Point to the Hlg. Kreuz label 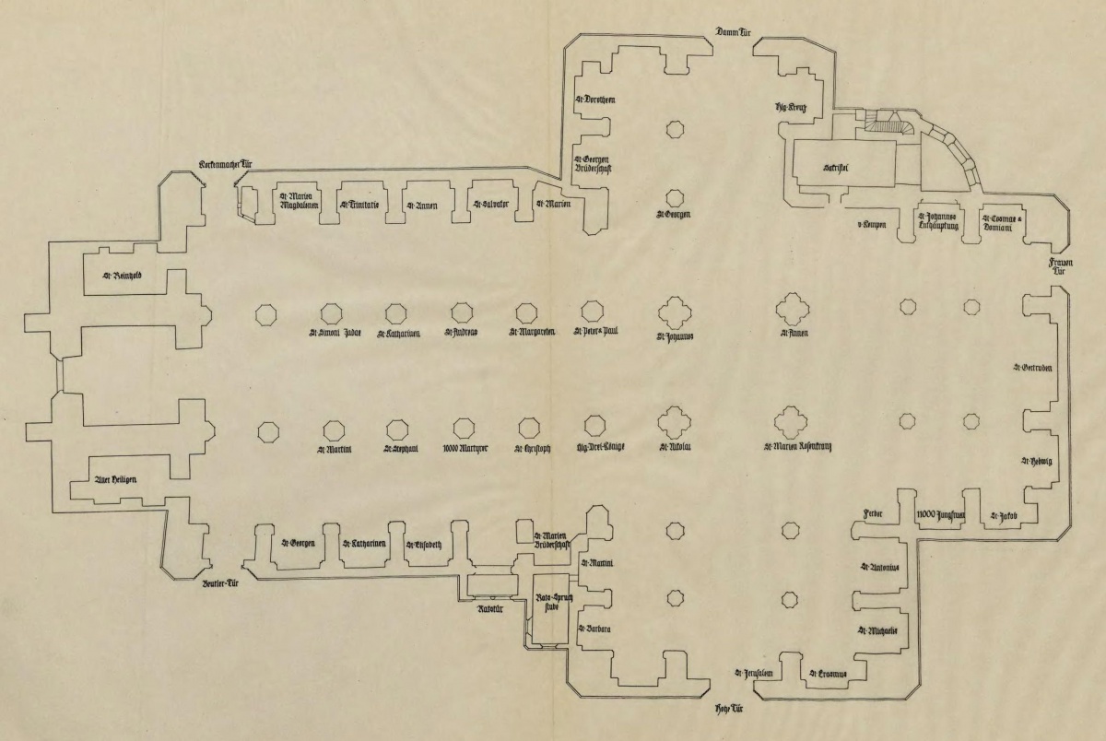[791, 109]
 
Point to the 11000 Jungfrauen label [940, 515]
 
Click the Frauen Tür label [1061, 267]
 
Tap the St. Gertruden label [1032, 369]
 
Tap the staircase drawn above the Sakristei [889, 122]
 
